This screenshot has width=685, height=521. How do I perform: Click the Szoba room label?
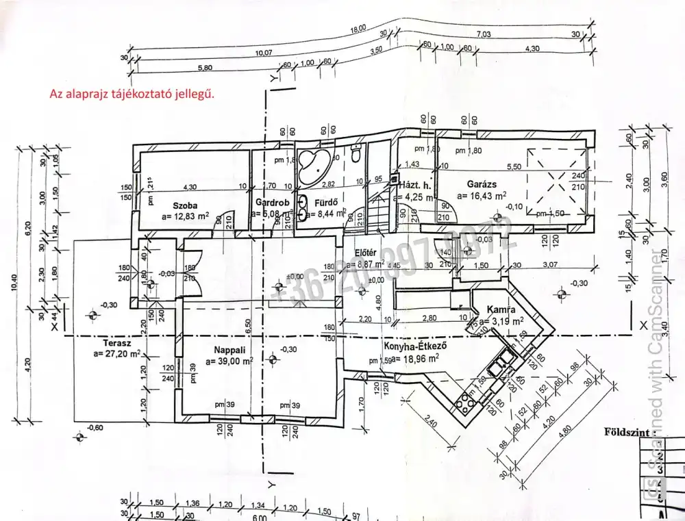(x=185, y=204)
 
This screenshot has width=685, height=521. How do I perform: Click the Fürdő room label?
(x=323, y=203)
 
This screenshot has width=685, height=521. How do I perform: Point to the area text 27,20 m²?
(x=118, y=354)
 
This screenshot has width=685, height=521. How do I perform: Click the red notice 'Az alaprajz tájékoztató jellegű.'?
(x=132, y=94)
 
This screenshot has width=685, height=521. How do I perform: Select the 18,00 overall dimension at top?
(x=358, y=29)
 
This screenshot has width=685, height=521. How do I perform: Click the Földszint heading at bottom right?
(x=624, y=433)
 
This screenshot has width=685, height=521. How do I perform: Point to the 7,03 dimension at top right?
(x=484, y=34)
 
